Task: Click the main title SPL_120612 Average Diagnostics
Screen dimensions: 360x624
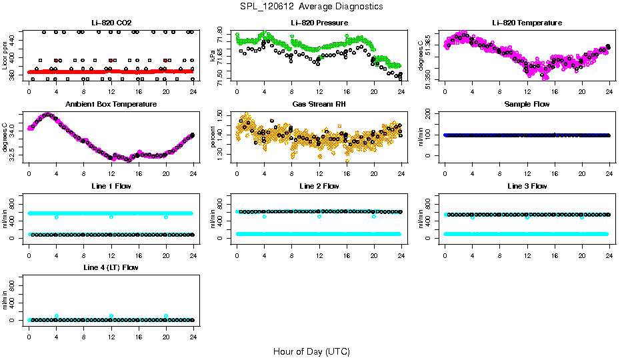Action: (311, 6)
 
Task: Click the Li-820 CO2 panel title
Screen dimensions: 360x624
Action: (111, 23)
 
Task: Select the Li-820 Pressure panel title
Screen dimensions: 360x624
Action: (319, 23)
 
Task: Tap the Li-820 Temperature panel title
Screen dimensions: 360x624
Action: (527, 23)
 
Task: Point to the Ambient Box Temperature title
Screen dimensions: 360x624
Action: (111, 104)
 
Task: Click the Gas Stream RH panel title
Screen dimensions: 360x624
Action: (319, 104)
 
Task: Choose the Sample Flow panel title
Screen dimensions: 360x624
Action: (527, 104)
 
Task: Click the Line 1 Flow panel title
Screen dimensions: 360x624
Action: (111, 186)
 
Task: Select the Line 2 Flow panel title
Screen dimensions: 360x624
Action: (319, 186)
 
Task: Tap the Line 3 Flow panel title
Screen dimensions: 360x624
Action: (527, 186)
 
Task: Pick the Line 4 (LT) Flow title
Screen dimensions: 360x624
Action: (111, 267)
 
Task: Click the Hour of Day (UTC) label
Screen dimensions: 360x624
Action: (311, 351)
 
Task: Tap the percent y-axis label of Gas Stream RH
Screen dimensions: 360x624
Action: (213, 137)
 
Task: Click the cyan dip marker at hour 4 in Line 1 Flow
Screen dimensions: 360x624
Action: (57, 217)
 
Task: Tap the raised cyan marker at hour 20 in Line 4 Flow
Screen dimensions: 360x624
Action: (166, 316)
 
